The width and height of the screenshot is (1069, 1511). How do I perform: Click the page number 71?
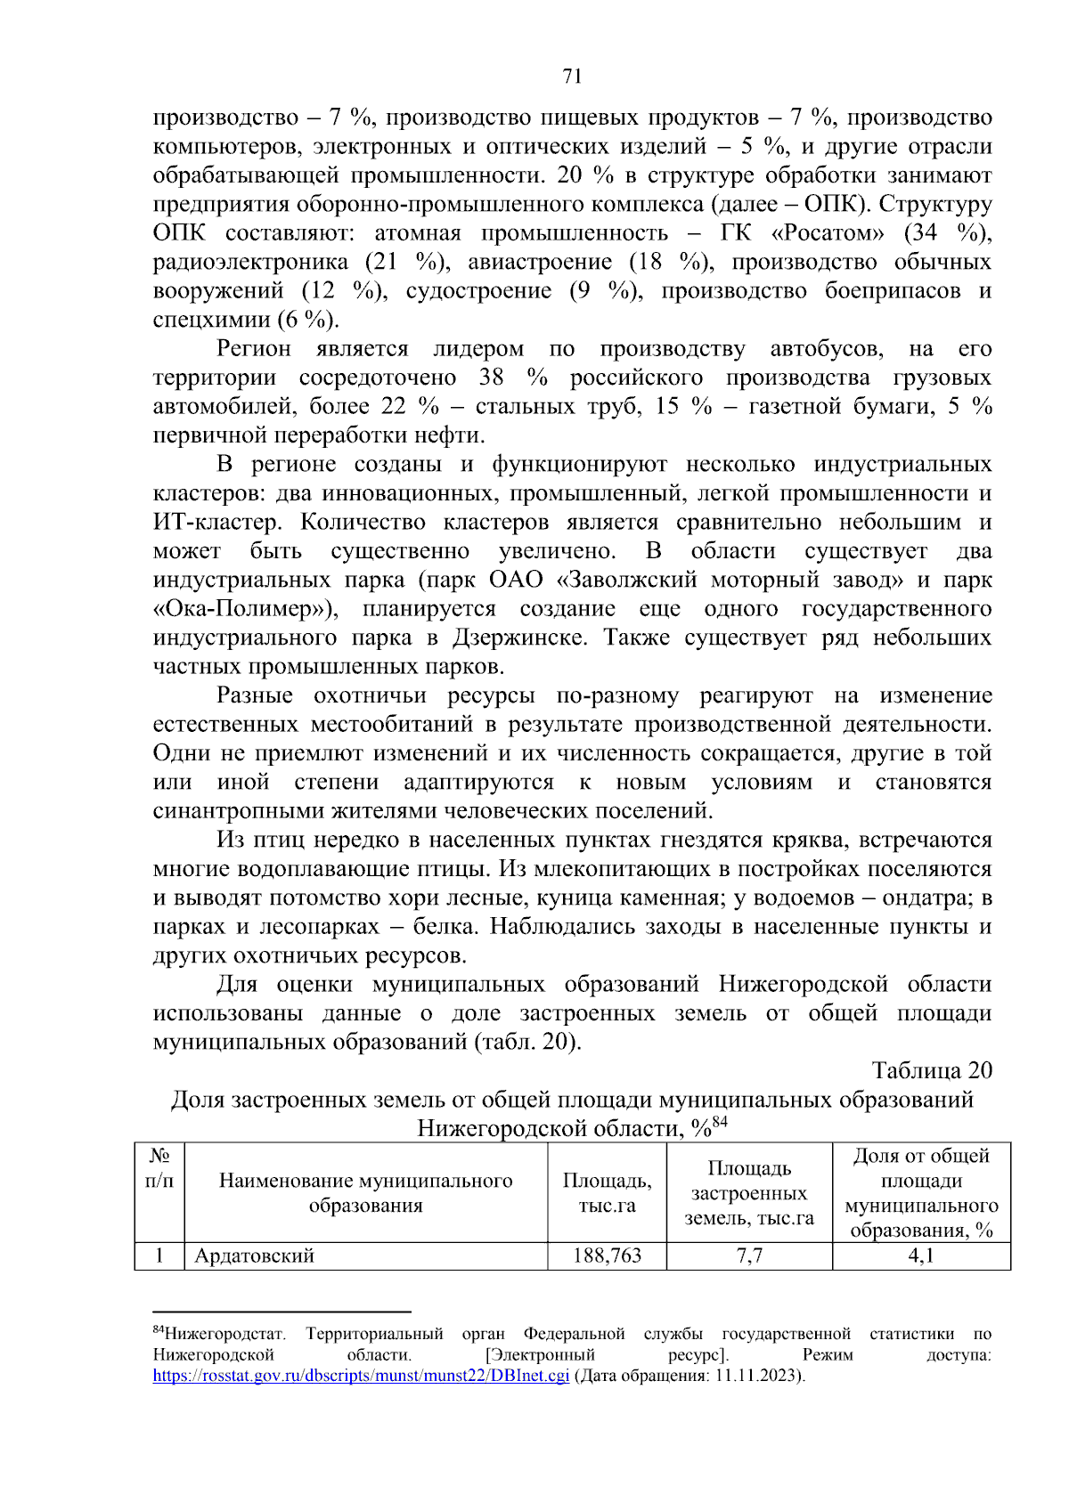click(572, 76)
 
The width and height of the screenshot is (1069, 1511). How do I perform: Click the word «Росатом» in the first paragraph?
click(828, 233)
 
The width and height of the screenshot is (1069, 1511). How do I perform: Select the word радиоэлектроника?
click(250, 262)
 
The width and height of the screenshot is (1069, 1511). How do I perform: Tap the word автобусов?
click(827, 348)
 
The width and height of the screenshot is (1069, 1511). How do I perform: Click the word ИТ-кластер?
click(216, 522)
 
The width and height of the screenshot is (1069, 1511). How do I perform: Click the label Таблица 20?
click(931, 1070)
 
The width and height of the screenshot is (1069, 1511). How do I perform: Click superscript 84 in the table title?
click(720, 1122)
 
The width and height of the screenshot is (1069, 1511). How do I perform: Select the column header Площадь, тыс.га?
click(607, 1192)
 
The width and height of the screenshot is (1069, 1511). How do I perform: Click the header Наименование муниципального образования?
click(365, 1192)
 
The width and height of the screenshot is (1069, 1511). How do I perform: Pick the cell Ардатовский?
click(255, 1255)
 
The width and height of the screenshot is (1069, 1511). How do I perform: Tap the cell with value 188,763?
click(607, 1255)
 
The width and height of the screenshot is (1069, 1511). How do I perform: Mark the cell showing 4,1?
click(920, 1255)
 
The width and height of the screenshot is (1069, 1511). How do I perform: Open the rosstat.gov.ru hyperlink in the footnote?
click(360, 1375)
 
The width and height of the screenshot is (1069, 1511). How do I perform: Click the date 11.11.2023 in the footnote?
click(756, 1375)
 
